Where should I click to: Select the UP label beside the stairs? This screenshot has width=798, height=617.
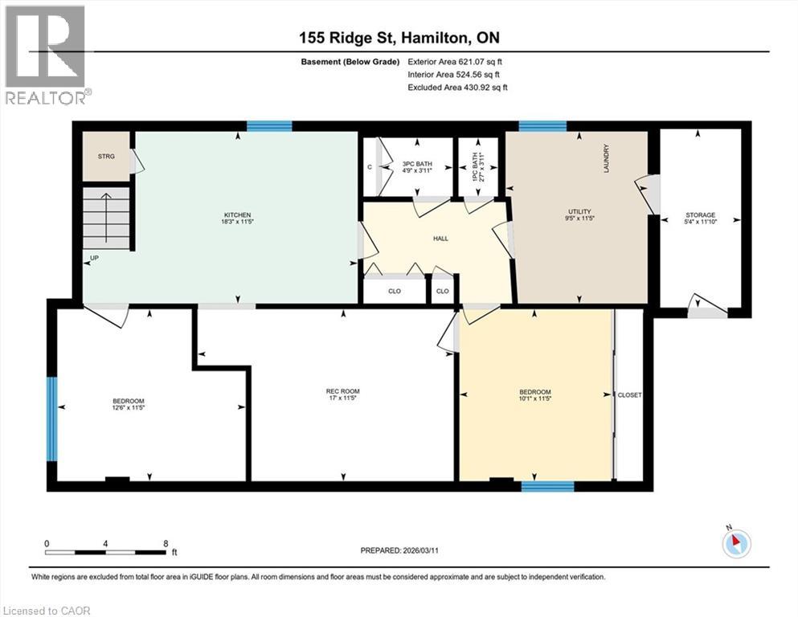click(95, 259)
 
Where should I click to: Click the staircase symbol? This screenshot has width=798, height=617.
click(107, 217)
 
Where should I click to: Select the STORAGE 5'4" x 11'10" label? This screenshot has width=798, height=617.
click(700, 219)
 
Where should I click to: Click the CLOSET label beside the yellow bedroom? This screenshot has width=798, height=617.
click(629, 395)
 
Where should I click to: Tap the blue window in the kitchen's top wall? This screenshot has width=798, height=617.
click(268, 125)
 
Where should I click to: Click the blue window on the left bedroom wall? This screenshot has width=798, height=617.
click(52, 419)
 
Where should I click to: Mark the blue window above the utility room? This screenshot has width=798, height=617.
click(542, 125)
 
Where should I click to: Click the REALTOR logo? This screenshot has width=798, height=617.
click(45, 54)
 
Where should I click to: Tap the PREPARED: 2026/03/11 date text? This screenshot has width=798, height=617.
click(399, 550)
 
